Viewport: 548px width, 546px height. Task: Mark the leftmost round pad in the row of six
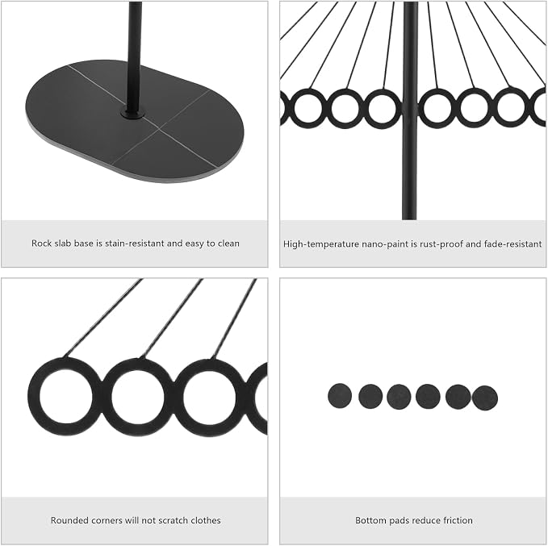(x=340, y=395)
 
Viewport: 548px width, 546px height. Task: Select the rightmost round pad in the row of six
(x=485, y=398)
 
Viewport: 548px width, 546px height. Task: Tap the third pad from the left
(x=399, y=397)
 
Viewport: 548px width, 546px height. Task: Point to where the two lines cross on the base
(x=159, y=128)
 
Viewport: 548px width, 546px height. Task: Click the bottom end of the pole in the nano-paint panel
(x=409, y=219)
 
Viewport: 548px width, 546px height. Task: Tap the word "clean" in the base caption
(x=228, y=243)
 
